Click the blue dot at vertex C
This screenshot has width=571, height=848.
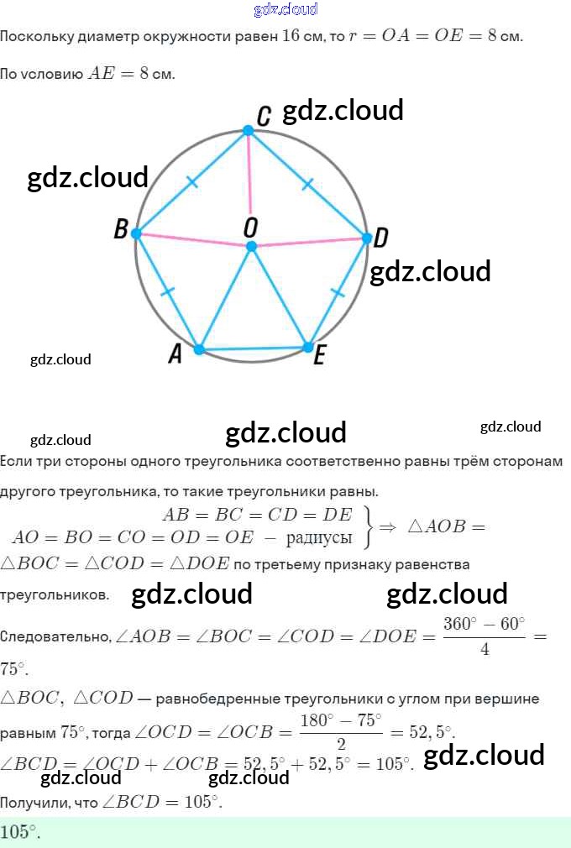coord(248,130)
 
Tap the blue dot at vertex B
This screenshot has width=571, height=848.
coord(138,233)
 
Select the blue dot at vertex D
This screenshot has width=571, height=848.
coord(366,238)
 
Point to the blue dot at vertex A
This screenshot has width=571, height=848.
coord(199,349)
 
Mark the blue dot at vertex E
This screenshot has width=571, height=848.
coord(308,347)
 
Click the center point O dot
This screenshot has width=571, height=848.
coord(250,246)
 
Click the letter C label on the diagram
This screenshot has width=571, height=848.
coord(264,117)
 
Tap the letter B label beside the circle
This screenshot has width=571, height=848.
coord(121,230)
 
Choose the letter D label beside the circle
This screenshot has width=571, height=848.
coord(380,238)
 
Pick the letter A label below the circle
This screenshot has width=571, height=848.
coord(175,355)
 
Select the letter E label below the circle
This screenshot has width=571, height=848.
coord(319,358)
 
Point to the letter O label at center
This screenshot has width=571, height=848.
coord(250,227)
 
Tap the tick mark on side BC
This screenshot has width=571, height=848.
coord(192,181)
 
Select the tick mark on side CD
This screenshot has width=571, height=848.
coord(307,183)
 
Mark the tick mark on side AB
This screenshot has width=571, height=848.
coord(167,292)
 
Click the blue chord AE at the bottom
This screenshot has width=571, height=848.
coord(254,348)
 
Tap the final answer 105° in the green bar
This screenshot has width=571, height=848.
coord(20,832)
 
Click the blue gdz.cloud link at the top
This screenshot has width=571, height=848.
coord(285,9)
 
